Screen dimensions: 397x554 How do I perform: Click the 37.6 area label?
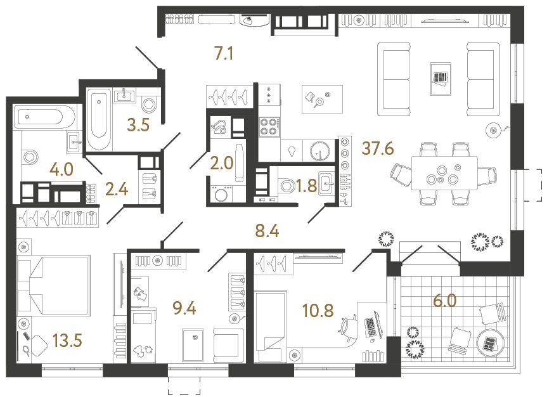coord(378,149)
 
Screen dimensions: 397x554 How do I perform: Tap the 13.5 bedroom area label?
coord(68,341)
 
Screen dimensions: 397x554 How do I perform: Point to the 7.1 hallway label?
coord(224,55)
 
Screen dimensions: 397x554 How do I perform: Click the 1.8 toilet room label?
coord(307,186)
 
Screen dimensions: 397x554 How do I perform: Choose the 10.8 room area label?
coord(318,312)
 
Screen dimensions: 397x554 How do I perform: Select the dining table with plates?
coord(444,173)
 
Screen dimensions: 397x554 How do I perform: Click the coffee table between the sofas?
coord(440,78)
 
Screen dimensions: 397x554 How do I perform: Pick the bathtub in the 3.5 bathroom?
coord(98,119)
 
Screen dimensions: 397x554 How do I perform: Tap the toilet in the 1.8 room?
coord(287,186)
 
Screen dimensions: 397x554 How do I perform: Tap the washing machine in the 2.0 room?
coord(222,194)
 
